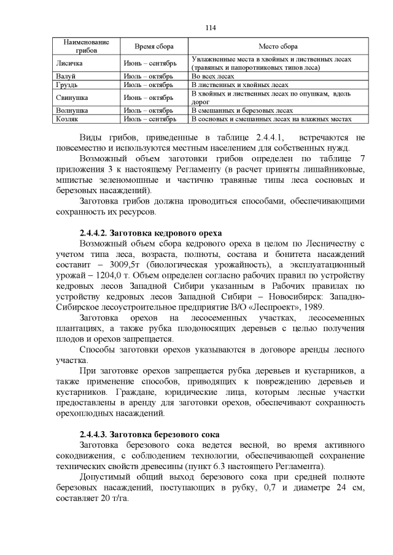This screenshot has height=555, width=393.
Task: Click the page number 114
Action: tap(211, 28)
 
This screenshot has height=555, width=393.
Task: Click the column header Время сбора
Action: tap(154, 47)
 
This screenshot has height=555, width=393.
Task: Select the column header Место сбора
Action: tap(279, 47)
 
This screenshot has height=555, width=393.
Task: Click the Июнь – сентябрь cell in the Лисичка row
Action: tap(150, 63)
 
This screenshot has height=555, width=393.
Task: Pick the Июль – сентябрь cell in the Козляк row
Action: tap(150, 119)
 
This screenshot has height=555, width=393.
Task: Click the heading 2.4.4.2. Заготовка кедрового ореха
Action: tap(150, 233)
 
